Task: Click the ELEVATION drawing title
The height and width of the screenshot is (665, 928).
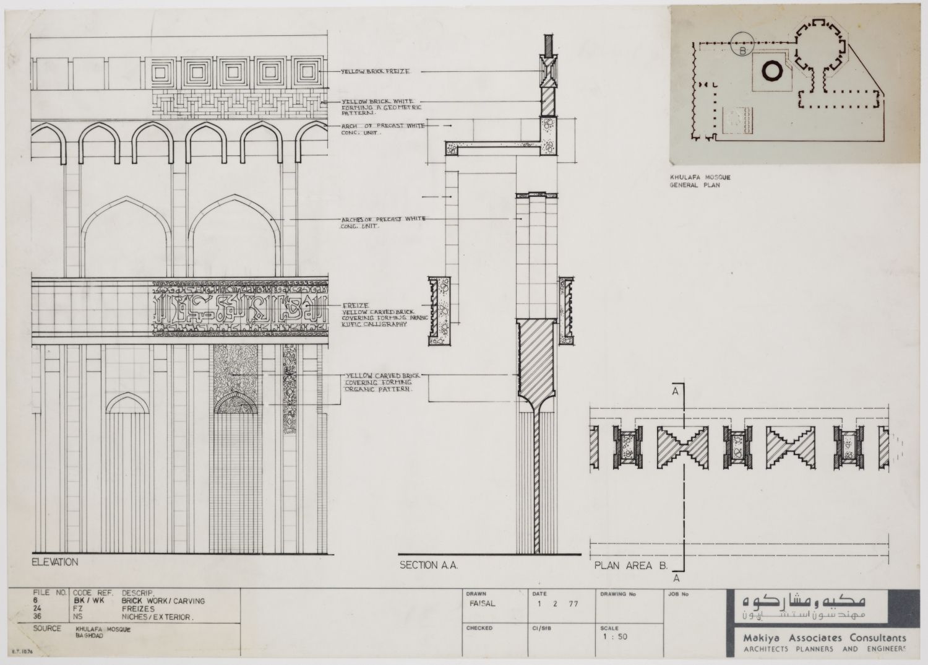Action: point(55,562)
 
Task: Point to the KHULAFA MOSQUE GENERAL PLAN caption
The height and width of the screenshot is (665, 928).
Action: point(696,181)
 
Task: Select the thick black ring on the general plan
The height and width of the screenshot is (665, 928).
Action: point(772,71)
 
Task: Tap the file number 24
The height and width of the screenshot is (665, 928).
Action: point(37,609)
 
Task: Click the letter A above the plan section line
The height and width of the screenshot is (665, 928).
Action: point(677,391)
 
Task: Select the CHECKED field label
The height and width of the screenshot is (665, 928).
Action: point(479,628)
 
